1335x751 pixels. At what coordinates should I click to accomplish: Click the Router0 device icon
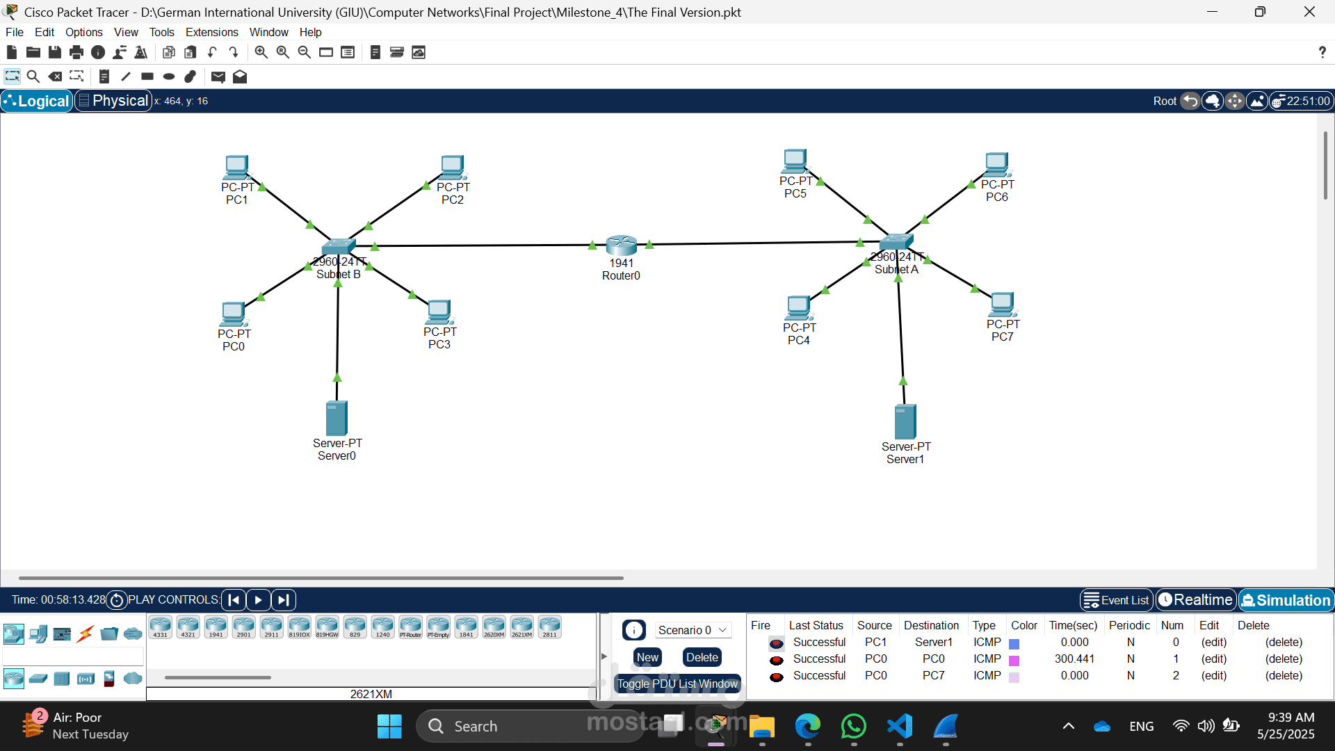tap(621, 245)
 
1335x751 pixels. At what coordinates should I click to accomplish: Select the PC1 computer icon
tap(236, 167)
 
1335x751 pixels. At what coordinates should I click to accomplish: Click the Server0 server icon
tap(337, 418)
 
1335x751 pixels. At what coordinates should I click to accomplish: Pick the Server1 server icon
tap(905, 421)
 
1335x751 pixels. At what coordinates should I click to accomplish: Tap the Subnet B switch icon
tap(339, 247)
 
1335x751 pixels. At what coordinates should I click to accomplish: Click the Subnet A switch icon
tap(896, 242)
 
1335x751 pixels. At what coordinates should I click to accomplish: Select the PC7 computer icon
tap(1002, 305)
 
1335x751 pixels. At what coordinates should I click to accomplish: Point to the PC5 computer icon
tap(795, 161)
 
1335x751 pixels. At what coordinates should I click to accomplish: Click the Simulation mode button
tap(1286, 600)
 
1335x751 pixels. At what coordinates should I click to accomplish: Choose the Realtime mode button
tap(1196, 600)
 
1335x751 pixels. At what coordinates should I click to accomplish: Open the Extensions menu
tap(211, 32)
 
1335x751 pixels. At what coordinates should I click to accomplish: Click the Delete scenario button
tap(702, 657)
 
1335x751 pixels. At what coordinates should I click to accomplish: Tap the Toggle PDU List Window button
tap(677, 684)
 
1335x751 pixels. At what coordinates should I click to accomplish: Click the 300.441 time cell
tap(1074, 659)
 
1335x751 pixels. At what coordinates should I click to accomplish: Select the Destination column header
tap(931, 625)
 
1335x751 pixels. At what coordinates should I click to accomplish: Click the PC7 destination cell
tap(933, 675)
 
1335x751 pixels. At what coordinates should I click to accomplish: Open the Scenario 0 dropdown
tap(693, 630)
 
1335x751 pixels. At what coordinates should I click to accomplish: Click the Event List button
tap(1117, 600)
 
